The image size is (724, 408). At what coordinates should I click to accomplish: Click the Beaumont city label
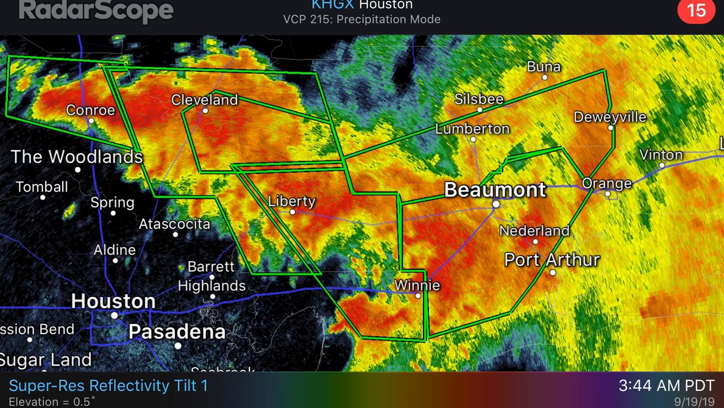click(495, 189)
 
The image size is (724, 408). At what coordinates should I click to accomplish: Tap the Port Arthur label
click(551, 260)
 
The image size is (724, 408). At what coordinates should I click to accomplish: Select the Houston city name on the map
click(113, 301)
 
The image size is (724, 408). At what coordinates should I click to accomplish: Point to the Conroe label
click(90, 109)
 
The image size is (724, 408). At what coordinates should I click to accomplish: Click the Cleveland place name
click(205, 100)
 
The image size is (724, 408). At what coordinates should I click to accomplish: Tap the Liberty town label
click(292, 201)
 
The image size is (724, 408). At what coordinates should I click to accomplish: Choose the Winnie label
click(417, 285)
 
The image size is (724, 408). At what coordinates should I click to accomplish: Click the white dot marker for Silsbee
click(480, 110)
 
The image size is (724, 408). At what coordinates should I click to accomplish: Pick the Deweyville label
click(610, 117)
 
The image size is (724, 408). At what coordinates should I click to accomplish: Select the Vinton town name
click(661, 155)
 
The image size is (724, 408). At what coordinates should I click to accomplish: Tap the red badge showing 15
click(696, 11)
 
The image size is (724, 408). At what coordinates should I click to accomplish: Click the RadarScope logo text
click(96, 10)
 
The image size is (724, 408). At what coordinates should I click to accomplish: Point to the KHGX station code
click(333, 5)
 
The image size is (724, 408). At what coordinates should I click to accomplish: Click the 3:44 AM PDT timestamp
click(666, 386)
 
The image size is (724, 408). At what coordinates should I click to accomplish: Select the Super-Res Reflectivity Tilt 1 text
click(108, 386)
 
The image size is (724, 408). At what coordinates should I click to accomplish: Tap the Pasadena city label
click(177, 331)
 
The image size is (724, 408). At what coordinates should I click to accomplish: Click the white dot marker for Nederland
click(536, 241)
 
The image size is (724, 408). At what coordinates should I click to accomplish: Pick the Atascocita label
click(175, 224)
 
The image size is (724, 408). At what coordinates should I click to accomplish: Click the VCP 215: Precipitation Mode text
click(362, 19)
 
